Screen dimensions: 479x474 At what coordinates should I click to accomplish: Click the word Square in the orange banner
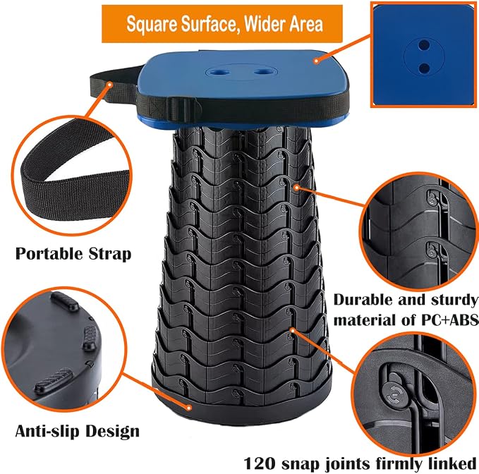coord(152,24)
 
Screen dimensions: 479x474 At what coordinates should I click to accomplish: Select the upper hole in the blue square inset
coord(424,45)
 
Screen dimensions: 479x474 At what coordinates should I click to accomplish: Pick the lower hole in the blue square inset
coord(424,68)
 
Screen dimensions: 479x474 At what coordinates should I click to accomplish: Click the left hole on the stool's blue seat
coord(222,73)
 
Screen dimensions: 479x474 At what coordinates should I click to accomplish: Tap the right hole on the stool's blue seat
coord(261,72)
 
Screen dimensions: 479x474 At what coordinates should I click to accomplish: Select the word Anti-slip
coord(47,432)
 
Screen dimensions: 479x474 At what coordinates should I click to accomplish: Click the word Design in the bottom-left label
coord(112,432)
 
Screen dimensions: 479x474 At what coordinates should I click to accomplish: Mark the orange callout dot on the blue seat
coord(317,61)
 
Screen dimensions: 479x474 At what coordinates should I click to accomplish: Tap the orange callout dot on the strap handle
coord(109,84)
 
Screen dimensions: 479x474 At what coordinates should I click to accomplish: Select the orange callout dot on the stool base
coord(189,408)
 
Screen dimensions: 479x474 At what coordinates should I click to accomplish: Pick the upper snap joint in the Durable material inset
coord(433,198)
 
